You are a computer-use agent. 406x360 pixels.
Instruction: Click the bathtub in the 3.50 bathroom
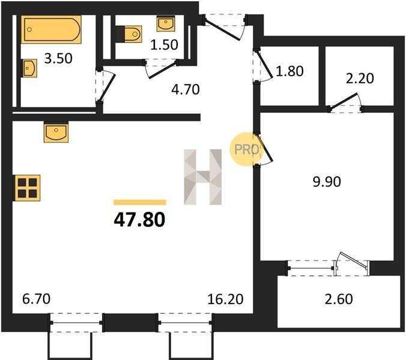coord(51,29)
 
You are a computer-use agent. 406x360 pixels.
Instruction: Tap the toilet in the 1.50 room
coord(129,34)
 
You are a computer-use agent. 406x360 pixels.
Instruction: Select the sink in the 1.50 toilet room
coord(165,23)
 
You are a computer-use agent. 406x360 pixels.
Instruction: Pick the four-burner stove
coord(27,188)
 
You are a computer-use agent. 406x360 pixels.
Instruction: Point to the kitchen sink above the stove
coord(56,132)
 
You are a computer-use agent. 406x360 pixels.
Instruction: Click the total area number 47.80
coord(139,220)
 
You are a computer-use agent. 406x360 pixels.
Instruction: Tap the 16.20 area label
coord(226,299)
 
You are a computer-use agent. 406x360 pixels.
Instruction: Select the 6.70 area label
coord(37,299)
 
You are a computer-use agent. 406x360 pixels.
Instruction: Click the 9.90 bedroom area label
coord(327,182)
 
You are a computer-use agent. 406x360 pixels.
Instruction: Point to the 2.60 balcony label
coord(339,299)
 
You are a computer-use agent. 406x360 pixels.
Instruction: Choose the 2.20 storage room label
coord(360,79)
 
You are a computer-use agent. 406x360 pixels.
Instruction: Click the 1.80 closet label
coord(289,71)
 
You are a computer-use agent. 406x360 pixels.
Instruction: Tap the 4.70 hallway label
coord(186,89)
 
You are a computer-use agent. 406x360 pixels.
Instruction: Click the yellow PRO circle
coord(246,149)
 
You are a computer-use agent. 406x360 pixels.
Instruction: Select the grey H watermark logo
coord(203,177)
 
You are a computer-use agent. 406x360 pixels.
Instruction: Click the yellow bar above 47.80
coord(140,202)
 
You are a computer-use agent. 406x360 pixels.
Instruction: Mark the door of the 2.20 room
coord(344,101)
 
